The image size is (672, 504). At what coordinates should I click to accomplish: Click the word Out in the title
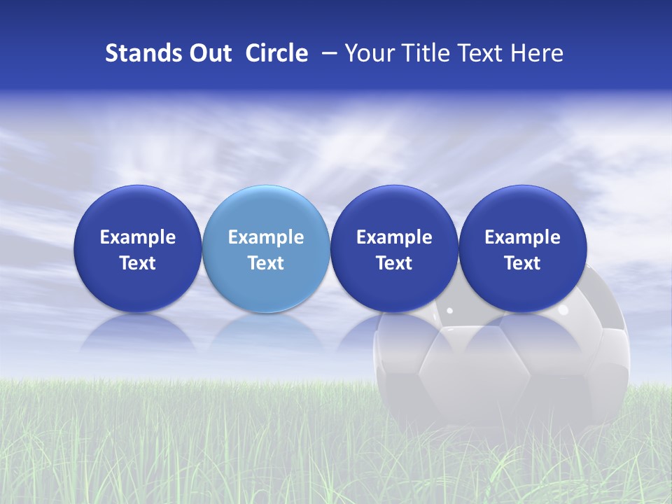[x=208, y=53]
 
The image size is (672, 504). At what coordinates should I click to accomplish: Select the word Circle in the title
[x=276, y=53]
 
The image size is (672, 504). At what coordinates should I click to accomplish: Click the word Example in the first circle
[x=138, y=237]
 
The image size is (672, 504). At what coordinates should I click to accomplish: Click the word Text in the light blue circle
[x=266, y=263]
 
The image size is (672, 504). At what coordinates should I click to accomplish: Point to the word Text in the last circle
[x=523, y=263]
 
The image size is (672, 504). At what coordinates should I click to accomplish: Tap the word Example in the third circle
[x=394, y=237]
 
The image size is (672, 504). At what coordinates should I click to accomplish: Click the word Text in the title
[x=477, y=53]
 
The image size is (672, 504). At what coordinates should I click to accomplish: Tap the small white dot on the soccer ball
[x=449, y=310]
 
